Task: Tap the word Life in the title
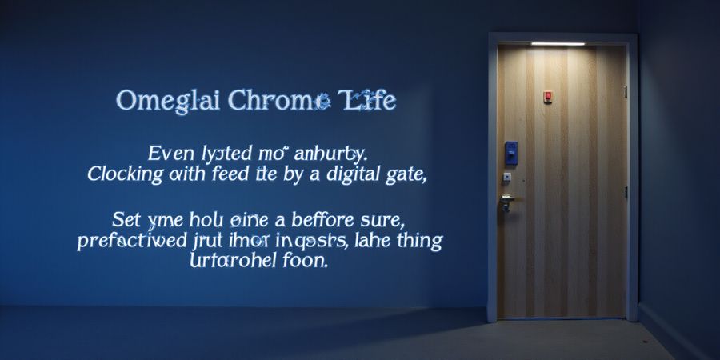[367, 102]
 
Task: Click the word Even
[169, 151]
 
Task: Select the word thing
[416, 241]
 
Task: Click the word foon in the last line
[303, 261]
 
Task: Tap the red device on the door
[548, 96]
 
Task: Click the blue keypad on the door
[510, 152]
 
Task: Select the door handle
[507, 200]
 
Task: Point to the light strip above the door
[558, 43]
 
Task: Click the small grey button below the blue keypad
[507, 178]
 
